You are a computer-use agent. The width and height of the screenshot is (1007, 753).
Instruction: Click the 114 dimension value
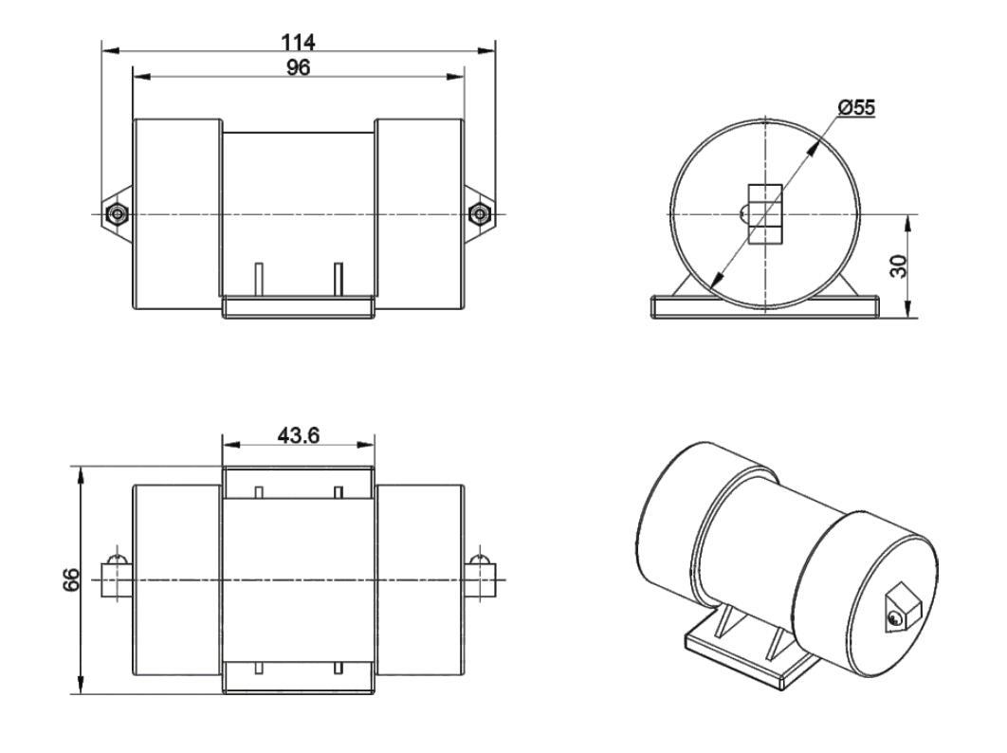tap(298, 43)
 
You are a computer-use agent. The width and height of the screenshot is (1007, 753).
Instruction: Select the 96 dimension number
tap(298, 67)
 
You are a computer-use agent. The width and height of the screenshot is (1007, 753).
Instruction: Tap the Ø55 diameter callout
tap(856, 107)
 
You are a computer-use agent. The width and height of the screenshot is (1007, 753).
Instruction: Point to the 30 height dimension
tap(899, 266)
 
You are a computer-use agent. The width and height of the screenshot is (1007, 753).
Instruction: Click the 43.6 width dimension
tap(298, 435)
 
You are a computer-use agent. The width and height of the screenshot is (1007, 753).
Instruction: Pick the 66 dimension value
tap(71, 579)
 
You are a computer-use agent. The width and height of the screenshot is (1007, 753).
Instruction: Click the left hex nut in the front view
tap(116, 213)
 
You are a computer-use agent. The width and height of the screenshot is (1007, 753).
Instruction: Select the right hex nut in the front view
tap(479, 213)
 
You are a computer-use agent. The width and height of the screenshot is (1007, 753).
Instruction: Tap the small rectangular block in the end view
tap(765, 214)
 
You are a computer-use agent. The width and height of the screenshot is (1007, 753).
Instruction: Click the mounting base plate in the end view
tap(765, 306)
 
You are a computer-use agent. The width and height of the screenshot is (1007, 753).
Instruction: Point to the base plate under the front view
tap(298, 306)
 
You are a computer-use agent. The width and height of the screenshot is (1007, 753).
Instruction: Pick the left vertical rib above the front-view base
tap(259, 280)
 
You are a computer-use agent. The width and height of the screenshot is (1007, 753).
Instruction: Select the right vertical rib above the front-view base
tap(339, 280)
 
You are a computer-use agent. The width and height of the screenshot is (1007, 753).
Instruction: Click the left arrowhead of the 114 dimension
tap(110, 50)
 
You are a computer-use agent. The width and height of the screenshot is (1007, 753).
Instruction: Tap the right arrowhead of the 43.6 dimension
tap(365, 445)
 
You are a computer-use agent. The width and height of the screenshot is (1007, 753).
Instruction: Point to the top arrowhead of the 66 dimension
tap(81, 475)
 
